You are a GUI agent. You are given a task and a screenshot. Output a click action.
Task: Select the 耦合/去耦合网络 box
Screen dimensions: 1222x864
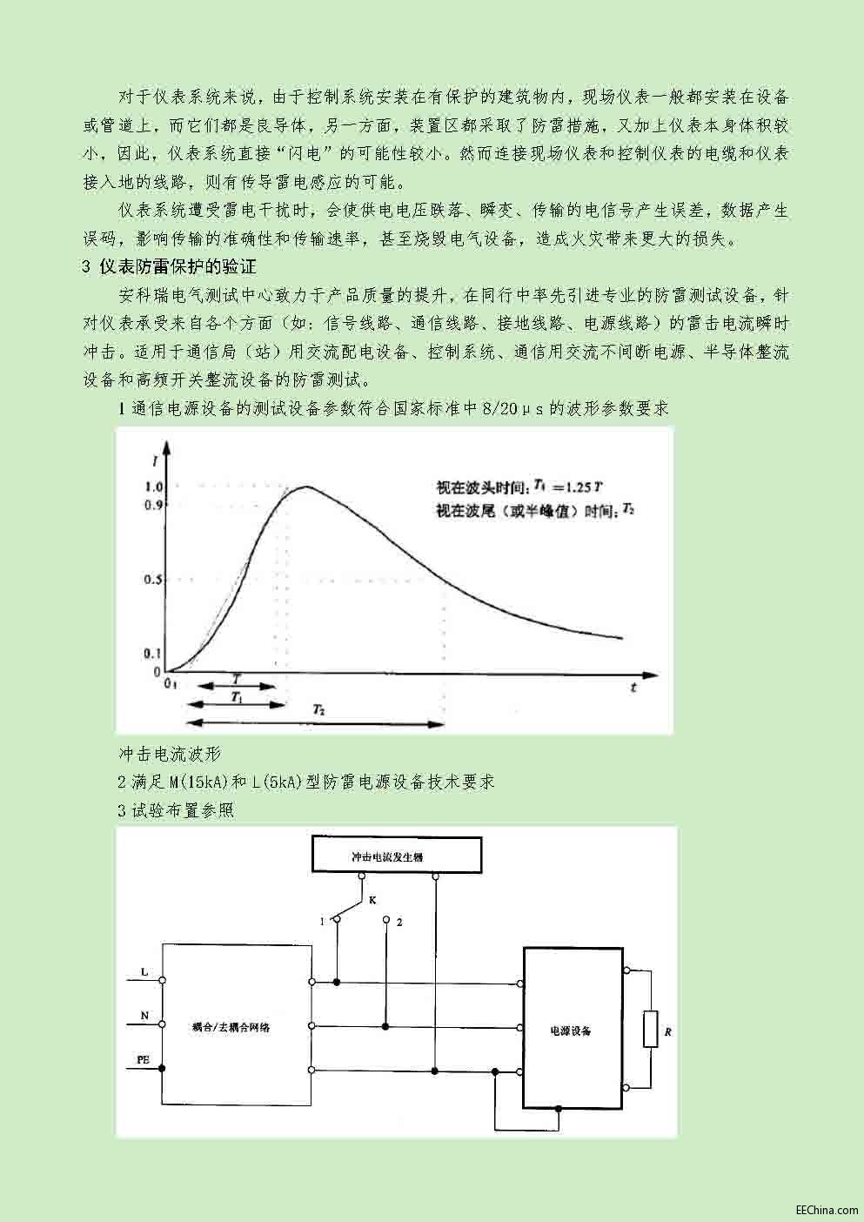[x=237, y=1027]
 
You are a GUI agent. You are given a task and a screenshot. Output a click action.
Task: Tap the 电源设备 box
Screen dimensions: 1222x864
[x=571, y=1031]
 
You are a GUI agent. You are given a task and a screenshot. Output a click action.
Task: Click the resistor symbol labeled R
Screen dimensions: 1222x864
[x=650, y=1029]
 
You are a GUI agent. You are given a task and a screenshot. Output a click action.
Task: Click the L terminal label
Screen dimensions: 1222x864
[x=144, y=970]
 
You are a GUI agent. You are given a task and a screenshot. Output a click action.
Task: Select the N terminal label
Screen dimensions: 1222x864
[x=144, y=1016]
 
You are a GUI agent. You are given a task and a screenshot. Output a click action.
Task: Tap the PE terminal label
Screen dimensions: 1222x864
[x=143, y=1059]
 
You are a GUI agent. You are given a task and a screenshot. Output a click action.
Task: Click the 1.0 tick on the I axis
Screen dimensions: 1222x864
[x=154, y=487]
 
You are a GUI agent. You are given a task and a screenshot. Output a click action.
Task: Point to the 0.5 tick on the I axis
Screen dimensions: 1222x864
[x=154, y=579]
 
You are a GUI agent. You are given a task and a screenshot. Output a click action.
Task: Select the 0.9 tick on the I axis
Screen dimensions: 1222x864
[x=154, y=504]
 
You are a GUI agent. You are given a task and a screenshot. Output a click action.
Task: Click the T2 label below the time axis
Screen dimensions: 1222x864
[x=319, y=710]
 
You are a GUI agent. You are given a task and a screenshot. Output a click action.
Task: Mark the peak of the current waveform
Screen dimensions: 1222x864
[x=305, y=486]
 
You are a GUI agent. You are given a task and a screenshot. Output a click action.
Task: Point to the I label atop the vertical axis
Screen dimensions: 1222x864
[x=153, y=450]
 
